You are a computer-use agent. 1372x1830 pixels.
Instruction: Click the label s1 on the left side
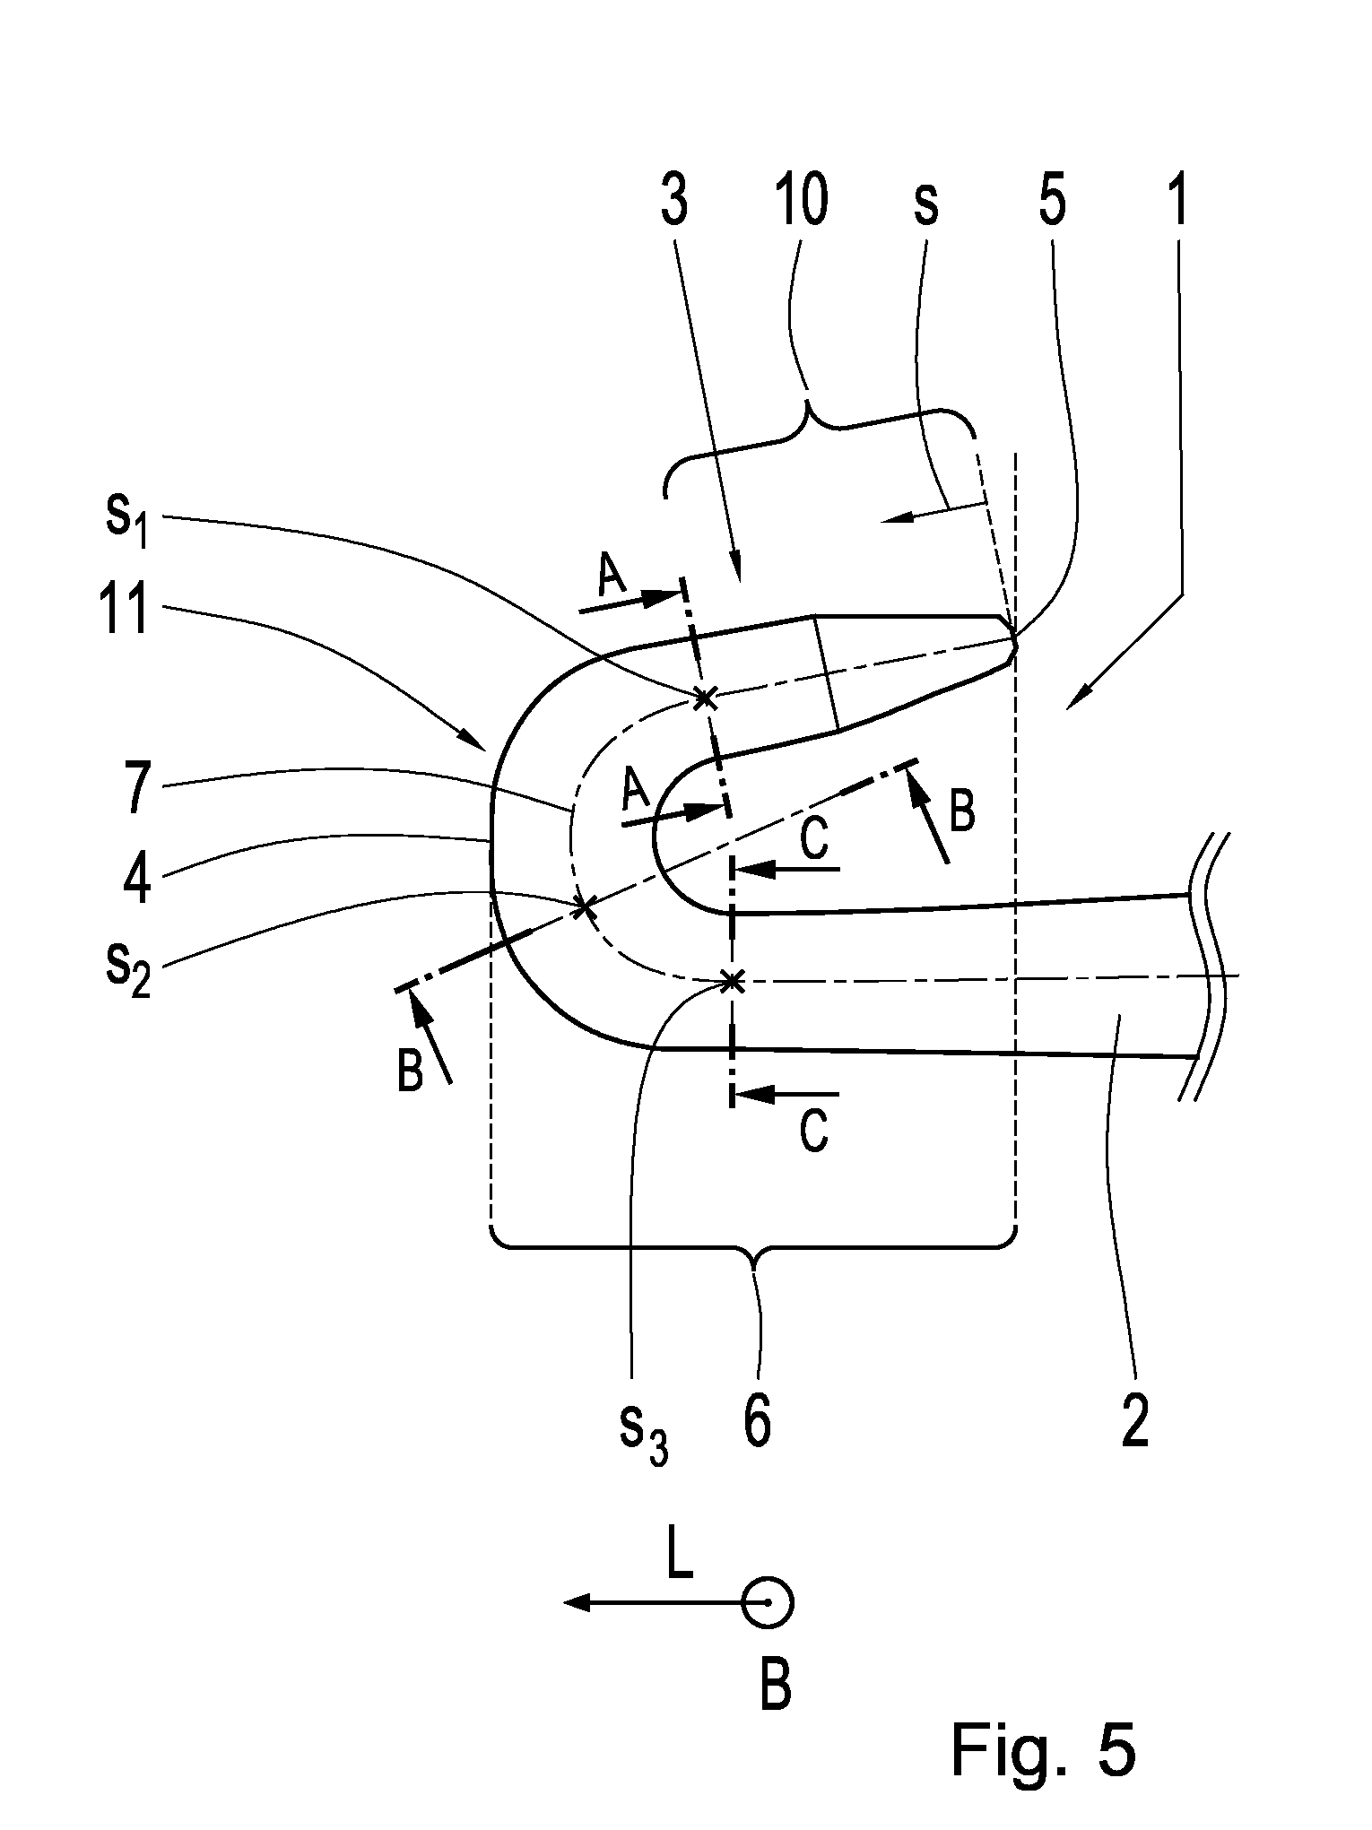coord(126,521)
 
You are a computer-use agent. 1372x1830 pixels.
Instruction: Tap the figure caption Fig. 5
coord(1044,1749)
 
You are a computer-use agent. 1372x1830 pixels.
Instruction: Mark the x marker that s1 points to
coord(706,696)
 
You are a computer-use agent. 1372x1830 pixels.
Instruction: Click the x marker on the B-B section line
coord(585,907)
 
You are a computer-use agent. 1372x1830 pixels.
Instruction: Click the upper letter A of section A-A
coord(612,578)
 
